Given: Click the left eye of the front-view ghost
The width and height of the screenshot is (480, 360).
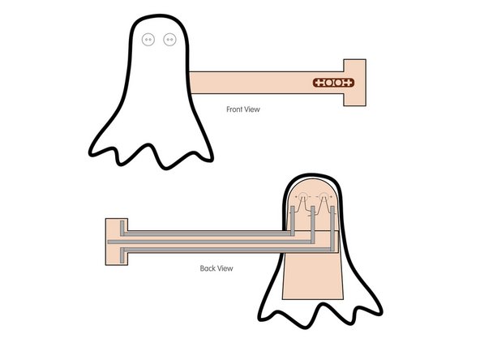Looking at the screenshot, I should pos(148,39).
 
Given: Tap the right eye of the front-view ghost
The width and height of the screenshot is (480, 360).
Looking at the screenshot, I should pos(169,39).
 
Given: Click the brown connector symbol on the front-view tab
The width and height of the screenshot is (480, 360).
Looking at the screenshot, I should pos(333,83).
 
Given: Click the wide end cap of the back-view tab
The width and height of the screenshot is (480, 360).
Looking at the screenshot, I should pos(114,241).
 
